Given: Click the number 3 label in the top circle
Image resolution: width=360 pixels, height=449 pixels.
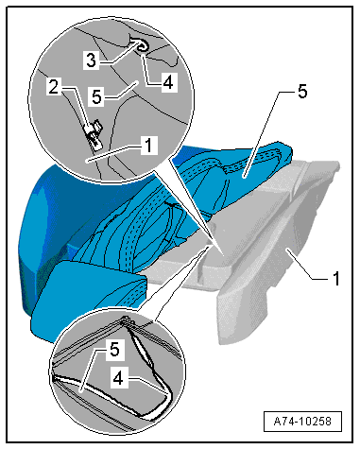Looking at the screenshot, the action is (x=92, y=60).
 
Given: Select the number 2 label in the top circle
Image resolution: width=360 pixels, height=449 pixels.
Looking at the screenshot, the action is (x=54, y=87).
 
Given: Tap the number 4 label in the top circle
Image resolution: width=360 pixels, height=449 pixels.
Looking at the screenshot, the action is (x=168, y=83).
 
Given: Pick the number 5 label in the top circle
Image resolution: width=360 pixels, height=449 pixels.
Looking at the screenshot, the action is (x=97, y=96).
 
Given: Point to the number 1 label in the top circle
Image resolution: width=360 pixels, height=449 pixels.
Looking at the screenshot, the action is (x=148, y=146).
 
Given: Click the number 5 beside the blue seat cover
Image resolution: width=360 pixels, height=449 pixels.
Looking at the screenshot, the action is (x=301, y=92).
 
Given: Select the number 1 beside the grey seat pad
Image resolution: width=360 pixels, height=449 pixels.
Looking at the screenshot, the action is (x=336, y=279).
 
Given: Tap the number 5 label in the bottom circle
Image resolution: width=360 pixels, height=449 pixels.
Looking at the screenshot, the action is (x=114, y=350).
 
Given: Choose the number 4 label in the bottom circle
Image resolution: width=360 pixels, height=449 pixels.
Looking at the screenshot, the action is (x=118, y=379).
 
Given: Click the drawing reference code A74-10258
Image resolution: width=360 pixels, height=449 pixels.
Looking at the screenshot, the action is (x=302, y=421).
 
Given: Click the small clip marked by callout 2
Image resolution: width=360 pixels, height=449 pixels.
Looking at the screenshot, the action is (x=94, y=135).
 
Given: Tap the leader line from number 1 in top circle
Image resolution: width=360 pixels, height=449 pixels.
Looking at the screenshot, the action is (x=114, y=154).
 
